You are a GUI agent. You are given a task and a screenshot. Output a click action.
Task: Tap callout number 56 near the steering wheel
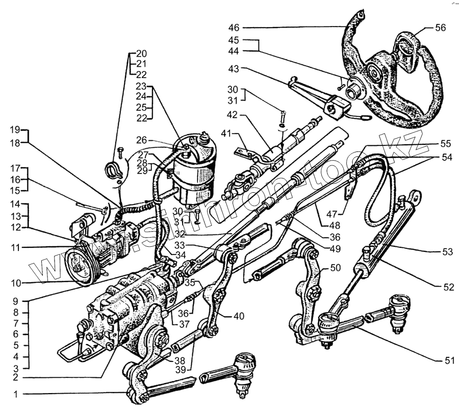[x=440, y=28]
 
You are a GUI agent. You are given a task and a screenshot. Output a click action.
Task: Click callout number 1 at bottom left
[x=16, y=394]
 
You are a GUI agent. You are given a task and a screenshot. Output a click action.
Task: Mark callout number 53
[x=448, y=252]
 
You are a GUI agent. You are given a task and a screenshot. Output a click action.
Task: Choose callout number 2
[x=16, y=378]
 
